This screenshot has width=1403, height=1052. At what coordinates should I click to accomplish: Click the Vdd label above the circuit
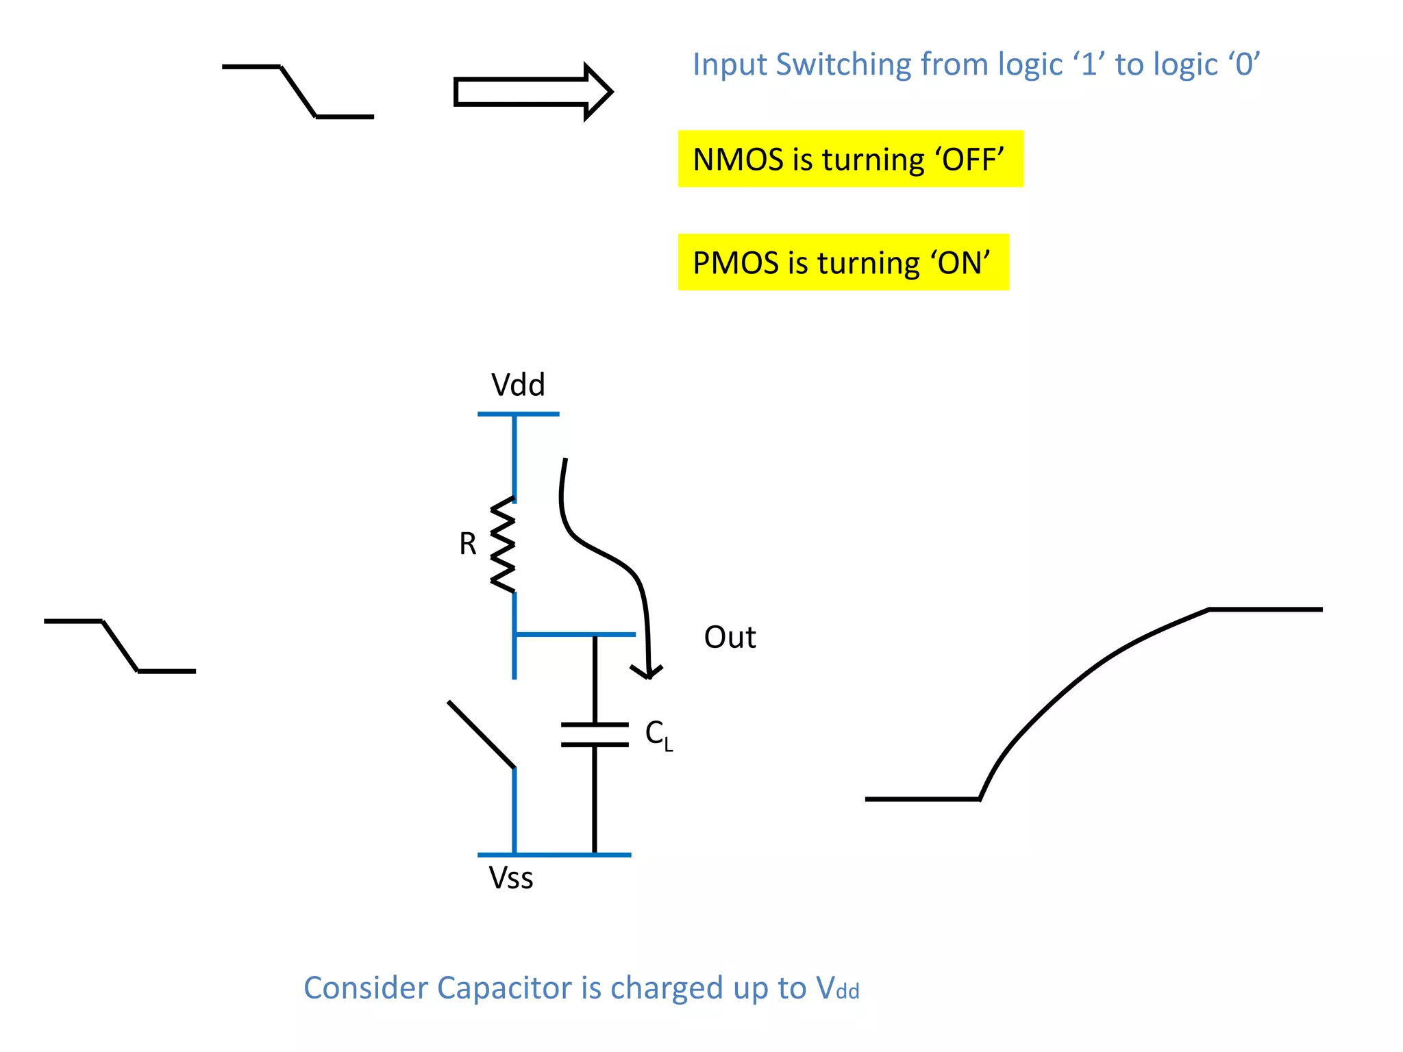click(x=518, y=385)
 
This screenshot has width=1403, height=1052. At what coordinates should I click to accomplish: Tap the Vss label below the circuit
click(x=510, y=878)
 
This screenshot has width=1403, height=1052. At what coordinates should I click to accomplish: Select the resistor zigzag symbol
click(x=504, y=544)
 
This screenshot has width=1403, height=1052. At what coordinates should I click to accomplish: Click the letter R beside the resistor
click(x=468, y=544)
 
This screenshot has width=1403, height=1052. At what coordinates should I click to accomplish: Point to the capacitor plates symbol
click(x=595, y=734)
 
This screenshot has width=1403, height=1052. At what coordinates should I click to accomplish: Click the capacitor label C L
click(x=658, y=735)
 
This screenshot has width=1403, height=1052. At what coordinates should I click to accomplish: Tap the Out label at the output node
click(x=730, y=638)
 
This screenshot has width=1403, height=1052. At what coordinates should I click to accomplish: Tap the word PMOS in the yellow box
click(x=736, y=263)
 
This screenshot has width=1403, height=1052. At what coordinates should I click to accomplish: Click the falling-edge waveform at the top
click(x=299, y=92)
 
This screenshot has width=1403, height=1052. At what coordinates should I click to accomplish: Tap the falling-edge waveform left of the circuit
click(x=121, y=646)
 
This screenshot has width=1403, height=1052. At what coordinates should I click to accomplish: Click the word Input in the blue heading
click(x=730, y=65)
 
